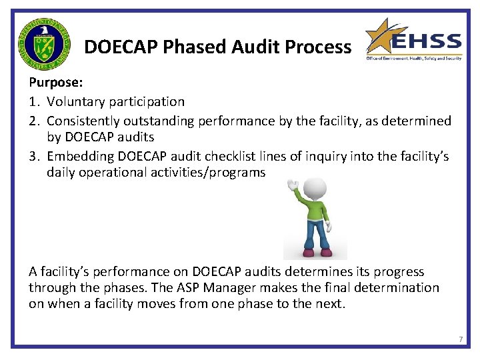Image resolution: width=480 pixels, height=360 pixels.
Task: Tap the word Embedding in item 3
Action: click(78, 156)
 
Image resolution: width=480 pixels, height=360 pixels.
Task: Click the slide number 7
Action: click(461, 340)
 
